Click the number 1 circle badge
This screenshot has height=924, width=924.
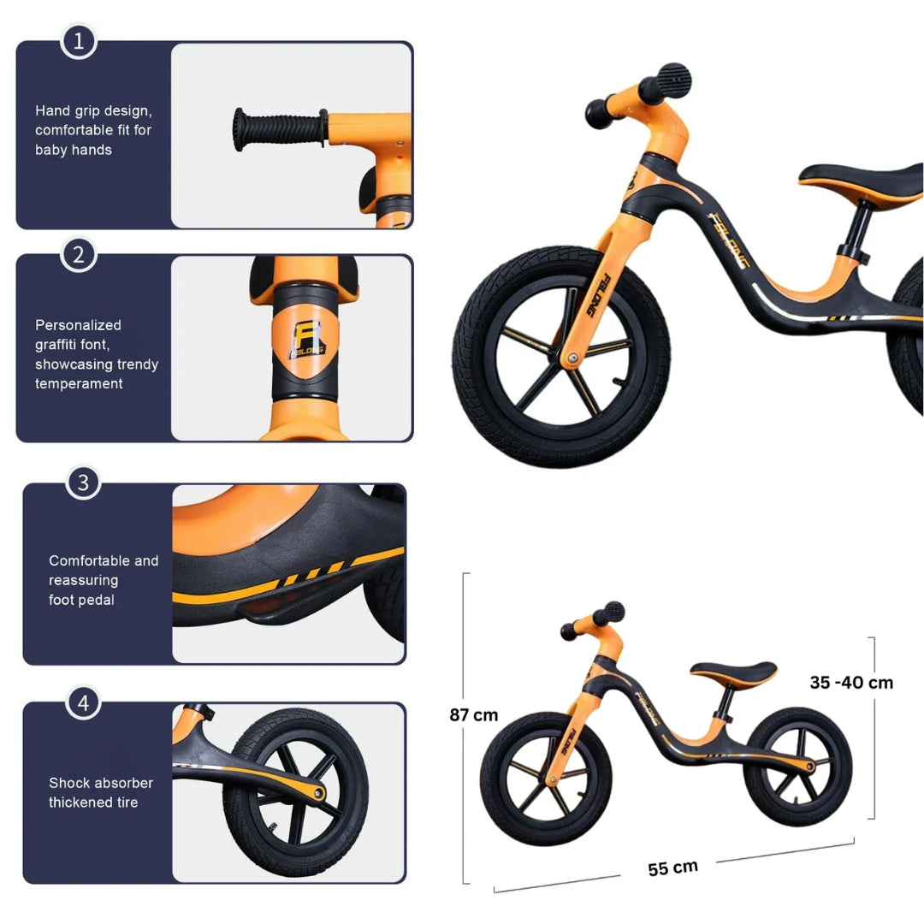click(x=78, y=41)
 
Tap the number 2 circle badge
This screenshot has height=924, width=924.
click(x=78, y=254)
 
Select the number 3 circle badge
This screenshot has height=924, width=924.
click(x=83, y=483)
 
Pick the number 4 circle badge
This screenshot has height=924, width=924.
click(x=83, y=703)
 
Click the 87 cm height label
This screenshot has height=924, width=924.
click(x=473, y=714)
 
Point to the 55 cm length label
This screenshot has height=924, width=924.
click(x=672, y=868)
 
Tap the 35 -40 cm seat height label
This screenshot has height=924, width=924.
click(x=850, y=682)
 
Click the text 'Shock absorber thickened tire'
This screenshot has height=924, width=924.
click(x=100, y=792)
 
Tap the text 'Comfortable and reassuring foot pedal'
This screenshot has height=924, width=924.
click(x=103, y=580)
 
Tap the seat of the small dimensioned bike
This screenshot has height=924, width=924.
click(x=733, y=671)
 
